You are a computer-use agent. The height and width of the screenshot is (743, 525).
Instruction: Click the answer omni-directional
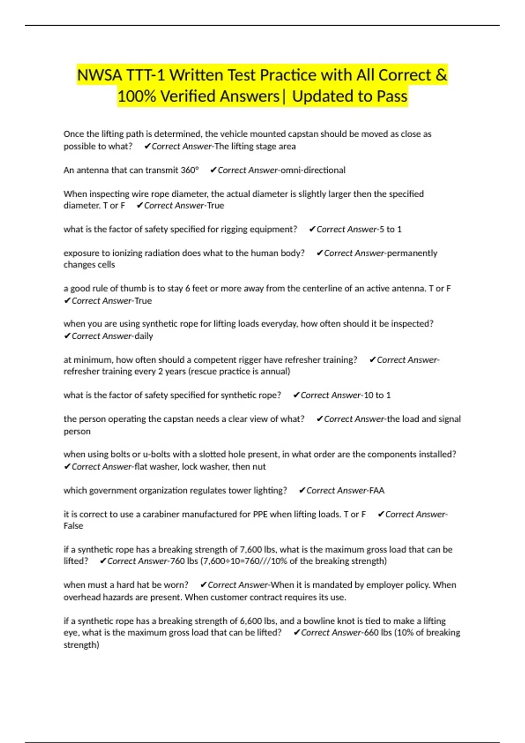313,170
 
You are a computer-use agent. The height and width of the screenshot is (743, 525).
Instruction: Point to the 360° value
190,170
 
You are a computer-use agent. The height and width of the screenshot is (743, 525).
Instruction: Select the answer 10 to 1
377,395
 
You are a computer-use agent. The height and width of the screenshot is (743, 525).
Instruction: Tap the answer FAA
377,490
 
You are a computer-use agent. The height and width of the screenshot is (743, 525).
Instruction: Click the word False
73,526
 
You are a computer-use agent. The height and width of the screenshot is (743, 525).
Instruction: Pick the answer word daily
143,336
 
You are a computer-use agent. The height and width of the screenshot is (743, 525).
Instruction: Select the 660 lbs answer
378,632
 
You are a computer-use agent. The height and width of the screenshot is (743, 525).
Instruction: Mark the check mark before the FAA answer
302,490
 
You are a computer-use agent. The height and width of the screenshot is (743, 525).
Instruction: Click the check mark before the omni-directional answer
213,170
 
